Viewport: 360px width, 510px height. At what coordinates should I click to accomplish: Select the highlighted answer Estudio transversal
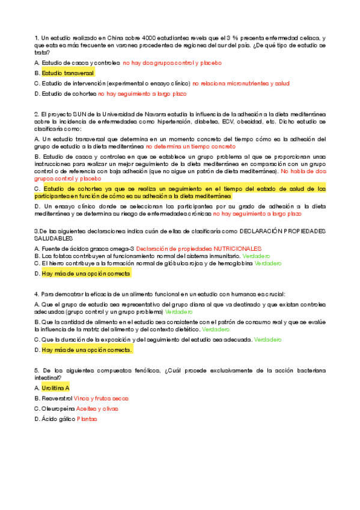(x=68, y=73)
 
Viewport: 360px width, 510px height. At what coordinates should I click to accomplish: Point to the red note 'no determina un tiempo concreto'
(x=191, y=147)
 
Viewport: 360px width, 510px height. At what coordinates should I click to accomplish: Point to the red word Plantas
(x=87, y=419)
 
